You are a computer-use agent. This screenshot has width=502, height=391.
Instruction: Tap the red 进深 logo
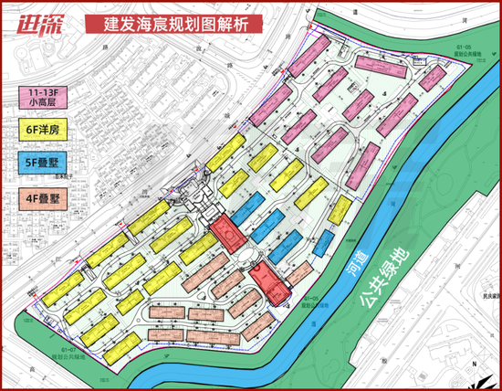(36, 19)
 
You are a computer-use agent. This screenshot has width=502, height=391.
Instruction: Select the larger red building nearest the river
(270, 280)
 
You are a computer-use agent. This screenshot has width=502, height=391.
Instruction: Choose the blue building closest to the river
(323, 243)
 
